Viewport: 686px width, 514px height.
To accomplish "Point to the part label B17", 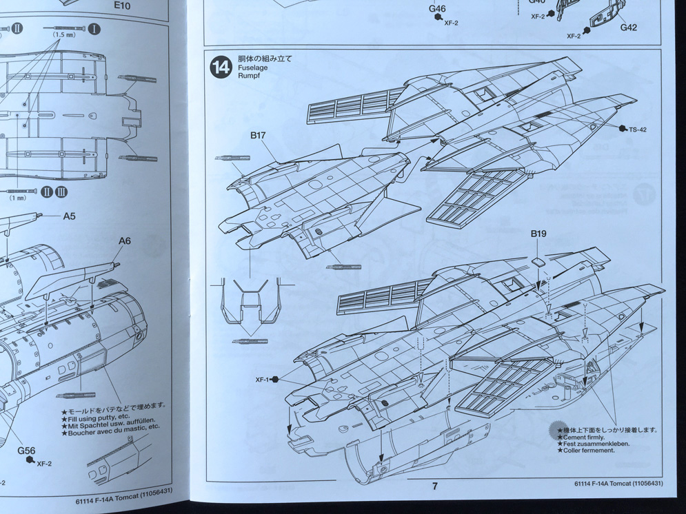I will pyautogui.click(x=258, y=136).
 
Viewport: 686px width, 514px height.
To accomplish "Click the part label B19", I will pyautogui.click(x=538, y=234).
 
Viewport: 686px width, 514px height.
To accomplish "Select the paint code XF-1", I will pyautogui.click(x=262, y=379).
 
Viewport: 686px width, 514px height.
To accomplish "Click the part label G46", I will pyautogui.click(x=437, y=9).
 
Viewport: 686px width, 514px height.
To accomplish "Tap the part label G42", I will pyautogui.click(x=628, y=28).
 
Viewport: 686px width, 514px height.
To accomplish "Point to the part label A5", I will pyautogui.click(x=69, y=216).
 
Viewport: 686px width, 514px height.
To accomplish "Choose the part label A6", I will pyautogui.click(x=124, y=240).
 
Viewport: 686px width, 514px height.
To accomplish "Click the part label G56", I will pyautogui.click(x=27, y=451).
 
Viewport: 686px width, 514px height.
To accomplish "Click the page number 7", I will pyautogui.click(x=434, y=486).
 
